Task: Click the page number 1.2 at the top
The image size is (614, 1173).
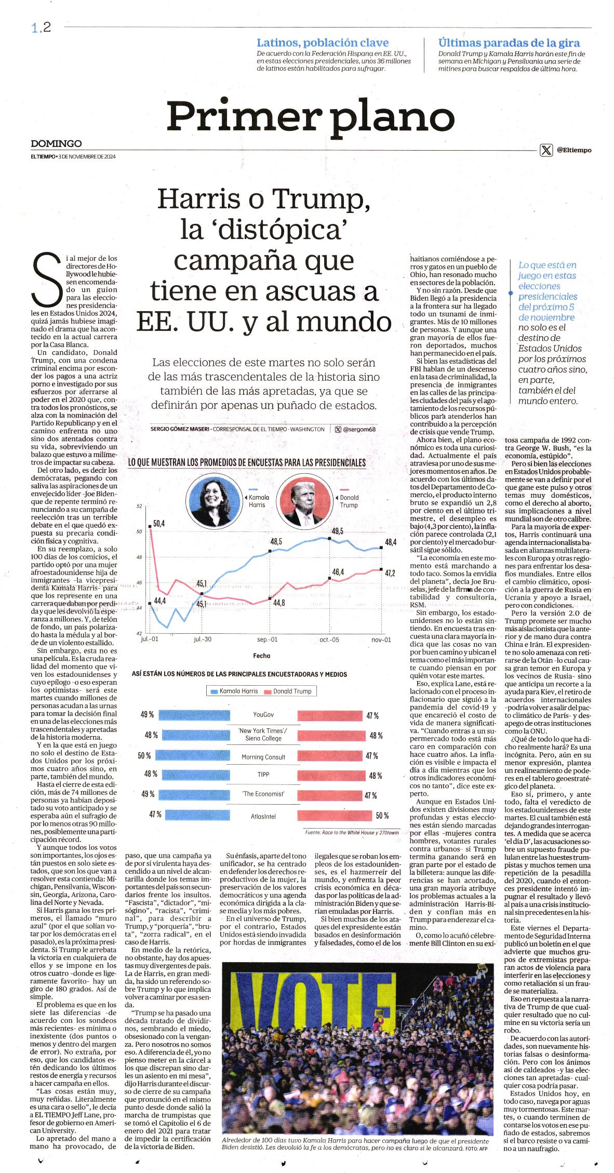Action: pyautogui.click(x=40, y=28)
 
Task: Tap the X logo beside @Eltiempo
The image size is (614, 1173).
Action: pyautogui.click(x=546, y=150)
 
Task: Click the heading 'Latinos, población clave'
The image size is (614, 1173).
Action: pyautogui.click(x=323, y=43)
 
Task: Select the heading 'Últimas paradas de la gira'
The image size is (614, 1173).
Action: pyautogui.click(x=509, y=43)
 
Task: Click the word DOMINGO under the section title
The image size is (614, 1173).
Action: pyautogui.click(x=56, y=143)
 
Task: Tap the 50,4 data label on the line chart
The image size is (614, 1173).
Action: pyautogui.click(x=159, y=523)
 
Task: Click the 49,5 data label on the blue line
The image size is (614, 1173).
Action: pyautogui.click(x=338, y=531)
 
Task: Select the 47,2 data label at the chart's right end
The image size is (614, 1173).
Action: pyautogui.click(x=390, y=573)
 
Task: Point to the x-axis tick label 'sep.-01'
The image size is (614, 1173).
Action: pyautogui.click(x=268, y=639)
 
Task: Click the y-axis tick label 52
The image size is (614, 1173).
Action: pyautogui.click(x=139, y=506)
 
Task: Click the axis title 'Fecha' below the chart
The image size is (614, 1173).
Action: pyautogui.click(x=262, y=656)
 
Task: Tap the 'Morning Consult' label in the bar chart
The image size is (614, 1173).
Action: pyautogui.click(x=264, y=757)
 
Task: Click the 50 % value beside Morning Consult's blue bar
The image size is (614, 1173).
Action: pyautogui.click(x=144, y=755)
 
